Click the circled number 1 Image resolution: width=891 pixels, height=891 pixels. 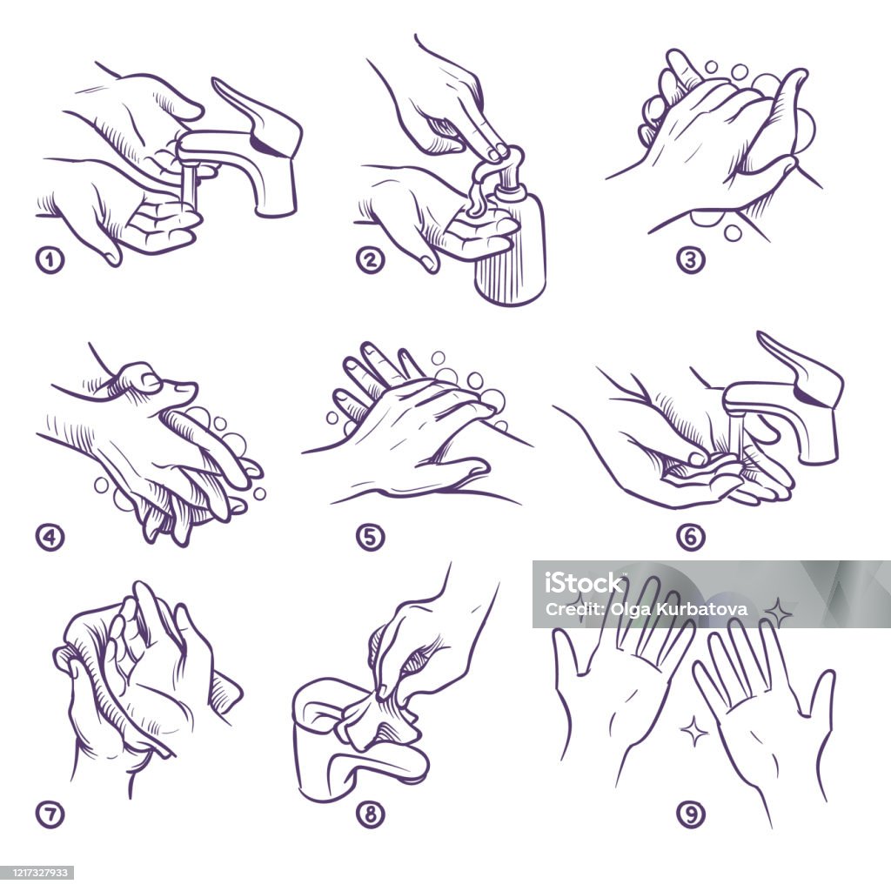tap(50, 260)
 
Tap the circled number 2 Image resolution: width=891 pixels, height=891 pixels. tap(370, 260)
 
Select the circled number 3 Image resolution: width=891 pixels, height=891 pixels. tap(690, 260)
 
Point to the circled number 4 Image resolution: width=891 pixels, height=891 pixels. tap(50, 537)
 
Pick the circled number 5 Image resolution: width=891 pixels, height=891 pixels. tap(370, 537)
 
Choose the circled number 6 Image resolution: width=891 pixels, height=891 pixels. tap(690, 537)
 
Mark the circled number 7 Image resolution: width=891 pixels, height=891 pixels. tap(50, 814)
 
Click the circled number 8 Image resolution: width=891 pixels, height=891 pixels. tap(370, 814)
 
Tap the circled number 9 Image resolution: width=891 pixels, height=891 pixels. tap(690, 814)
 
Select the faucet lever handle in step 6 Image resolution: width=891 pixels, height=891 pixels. tap(801, 369)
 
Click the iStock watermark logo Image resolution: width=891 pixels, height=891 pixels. tap(585, 582)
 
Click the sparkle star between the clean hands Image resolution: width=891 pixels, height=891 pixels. tap(693, 731)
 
